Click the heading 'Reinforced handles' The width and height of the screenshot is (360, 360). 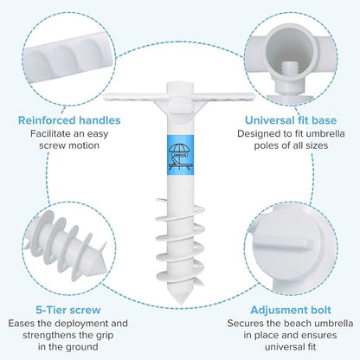pyautogui.click(x=69, y=120)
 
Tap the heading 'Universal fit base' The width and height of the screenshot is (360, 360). pyautogui.click(x=291, y=120)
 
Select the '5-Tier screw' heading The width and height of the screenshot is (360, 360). pyautogui.click(x=68, y=310)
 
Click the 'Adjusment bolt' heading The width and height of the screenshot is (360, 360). pyautogui.click(x=291, y=311)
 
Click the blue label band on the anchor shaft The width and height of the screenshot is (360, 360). pyautogui.click(x=180, y=155)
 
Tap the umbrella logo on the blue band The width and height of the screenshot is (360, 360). pyautogui.click(x=180, y=157)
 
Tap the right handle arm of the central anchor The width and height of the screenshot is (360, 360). pyautogui.click(x=225, y=97)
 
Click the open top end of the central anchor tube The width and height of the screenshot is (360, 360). pyautogui.click(x=180, y=85)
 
